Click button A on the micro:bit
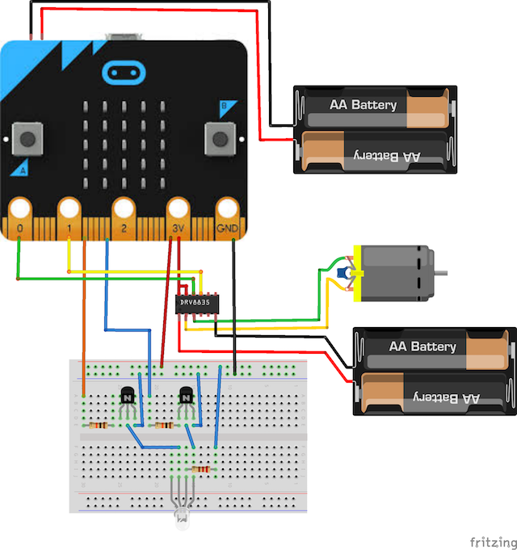click(28, 139)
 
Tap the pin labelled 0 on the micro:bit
click(19, 216)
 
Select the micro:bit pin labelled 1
click(69, 216)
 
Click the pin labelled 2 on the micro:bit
click(124, 216)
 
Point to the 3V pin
click(178, 216)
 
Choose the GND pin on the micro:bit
click(228, 216)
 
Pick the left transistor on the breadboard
click(127, 397)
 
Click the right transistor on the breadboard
click(186, 397)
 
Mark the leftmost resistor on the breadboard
click(99, 425)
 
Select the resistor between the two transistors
click(165, 425)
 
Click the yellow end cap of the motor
click(355, 273)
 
